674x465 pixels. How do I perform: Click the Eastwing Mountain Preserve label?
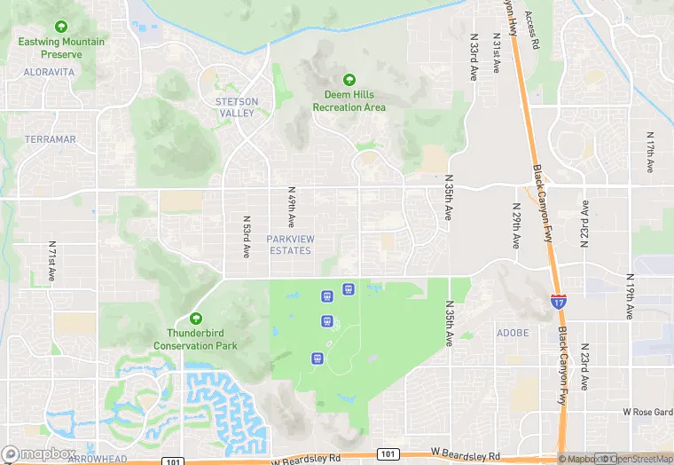[61, 48]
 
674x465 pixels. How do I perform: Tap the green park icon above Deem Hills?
[349, 80]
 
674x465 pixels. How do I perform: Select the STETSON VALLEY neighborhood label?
[237, 107]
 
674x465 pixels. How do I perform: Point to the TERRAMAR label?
[50, 139]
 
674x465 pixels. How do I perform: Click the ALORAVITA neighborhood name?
[50, 71]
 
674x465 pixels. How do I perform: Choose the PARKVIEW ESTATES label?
[289, 245]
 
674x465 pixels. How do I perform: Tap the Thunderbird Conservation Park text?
[195, 339]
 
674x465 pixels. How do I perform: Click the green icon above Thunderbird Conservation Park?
[195, 318]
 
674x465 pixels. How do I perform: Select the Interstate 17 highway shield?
[558, 302]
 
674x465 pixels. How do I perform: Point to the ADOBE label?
[513, 333]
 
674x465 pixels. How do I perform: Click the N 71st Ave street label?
[52, 261]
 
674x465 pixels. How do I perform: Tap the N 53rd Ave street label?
[247, 235]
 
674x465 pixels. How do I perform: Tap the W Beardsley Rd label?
[306, 460]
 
